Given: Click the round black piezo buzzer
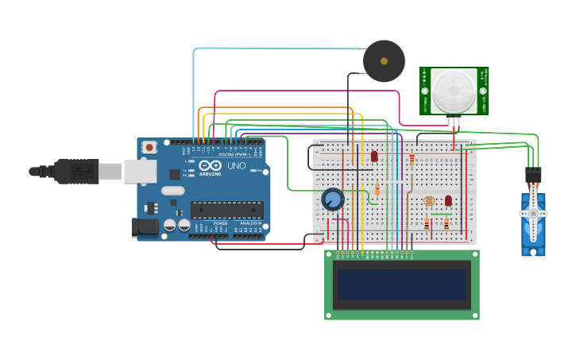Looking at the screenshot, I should point(384,61).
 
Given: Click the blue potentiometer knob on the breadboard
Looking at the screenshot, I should point(332,199).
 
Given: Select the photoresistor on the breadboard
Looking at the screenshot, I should point(429,201).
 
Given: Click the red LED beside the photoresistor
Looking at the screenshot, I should point(448,200).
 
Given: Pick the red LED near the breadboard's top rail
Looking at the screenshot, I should point(374,157).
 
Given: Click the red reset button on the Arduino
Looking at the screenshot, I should point(149,146).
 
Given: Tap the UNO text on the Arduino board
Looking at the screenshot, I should point(236,166).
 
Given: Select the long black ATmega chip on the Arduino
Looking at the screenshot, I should point(226,210).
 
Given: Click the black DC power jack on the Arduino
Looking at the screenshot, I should point(145,226).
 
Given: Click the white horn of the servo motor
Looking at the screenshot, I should point(533,213).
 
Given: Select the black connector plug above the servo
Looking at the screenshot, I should point(533,176).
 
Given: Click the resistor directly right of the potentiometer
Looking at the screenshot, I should point(377,190).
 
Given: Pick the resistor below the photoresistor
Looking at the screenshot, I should point(427,224).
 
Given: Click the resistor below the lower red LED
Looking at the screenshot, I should point(446,224).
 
